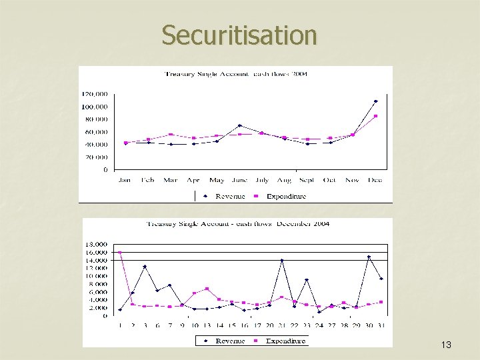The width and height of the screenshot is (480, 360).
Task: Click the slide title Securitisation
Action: point(239,35)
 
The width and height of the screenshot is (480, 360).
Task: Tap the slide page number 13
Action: point(446,345)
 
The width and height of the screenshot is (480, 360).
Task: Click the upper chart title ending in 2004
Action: point(236,73)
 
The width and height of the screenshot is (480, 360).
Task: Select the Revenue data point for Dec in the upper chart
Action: point(375,101)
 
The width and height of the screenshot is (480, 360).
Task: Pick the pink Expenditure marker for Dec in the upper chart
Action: point(375,116)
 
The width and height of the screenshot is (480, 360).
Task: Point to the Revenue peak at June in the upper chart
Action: point(240,125)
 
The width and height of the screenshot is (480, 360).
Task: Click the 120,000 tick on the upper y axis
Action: point(95,94)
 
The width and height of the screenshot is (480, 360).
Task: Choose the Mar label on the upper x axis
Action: point(170,180)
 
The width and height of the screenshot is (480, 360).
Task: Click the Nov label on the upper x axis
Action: point(353,180)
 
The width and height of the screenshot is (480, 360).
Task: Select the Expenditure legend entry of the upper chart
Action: point(285,196)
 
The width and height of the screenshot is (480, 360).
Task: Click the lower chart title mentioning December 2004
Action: point(238,224)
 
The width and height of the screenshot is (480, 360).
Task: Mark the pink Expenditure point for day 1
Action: point(120,253)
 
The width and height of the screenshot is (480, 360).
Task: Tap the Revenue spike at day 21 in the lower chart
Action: point(282,261)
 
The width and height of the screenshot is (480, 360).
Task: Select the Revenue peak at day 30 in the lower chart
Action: point(369,257)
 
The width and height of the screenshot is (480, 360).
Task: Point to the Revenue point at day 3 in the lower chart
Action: point(145,267)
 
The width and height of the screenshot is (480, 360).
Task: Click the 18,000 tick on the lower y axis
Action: point(95,245)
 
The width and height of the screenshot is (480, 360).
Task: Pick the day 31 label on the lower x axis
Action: point(381,325)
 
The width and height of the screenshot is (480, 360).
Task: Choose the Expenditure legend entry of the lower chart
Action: point(285,341)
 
